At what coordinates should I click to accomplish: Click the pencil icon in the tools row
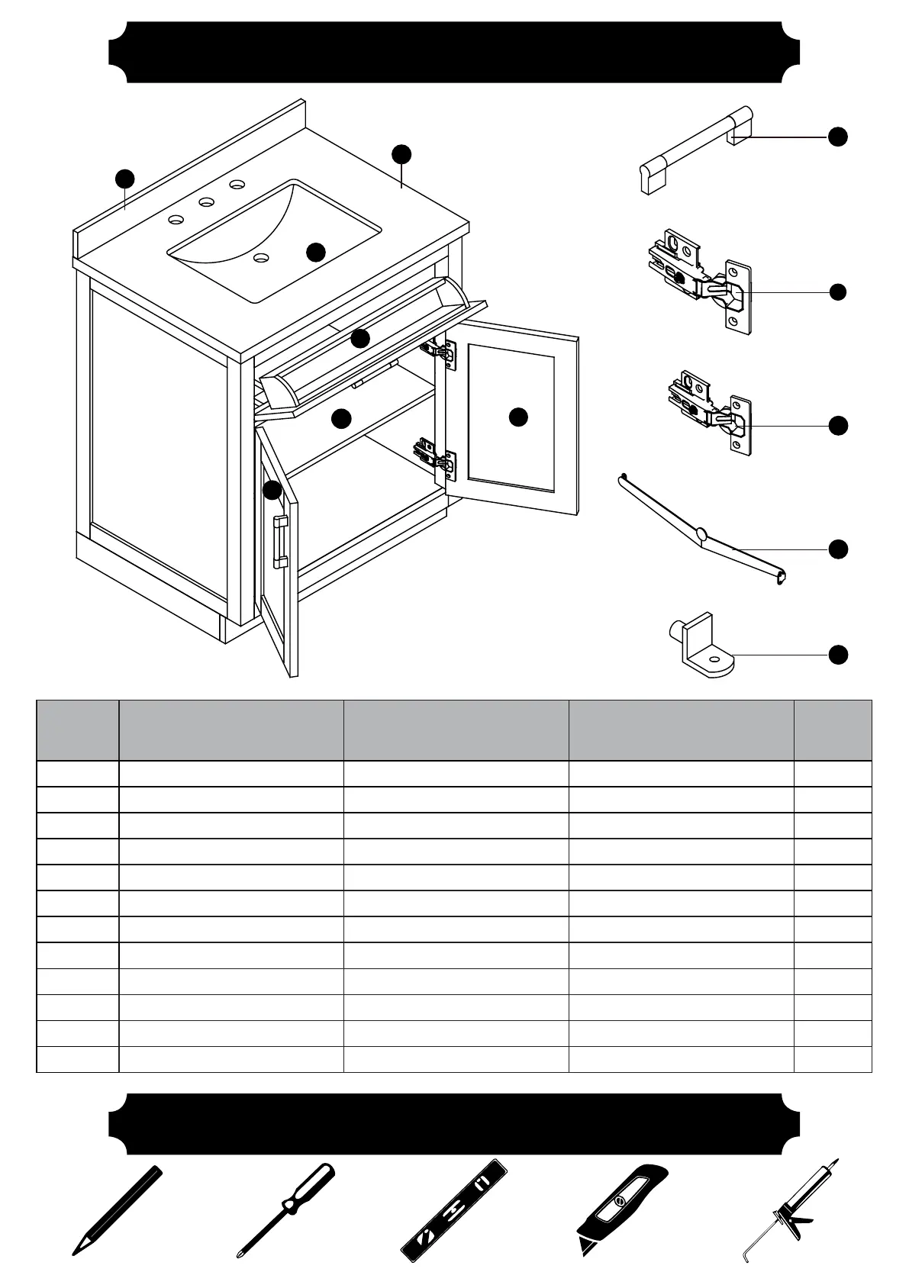pos(118,1210)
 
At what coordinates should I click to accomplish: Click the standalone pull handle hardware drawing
pos(695,151)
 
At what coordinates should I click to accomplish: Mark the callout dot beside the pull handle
pos(838,137)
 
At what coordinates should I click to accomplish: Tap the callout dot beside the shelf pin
pos(838,655)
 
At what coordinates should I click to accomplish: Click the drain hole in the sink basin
pos(263,258)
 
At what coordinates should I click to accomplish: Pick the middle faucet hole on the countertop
pos(205,202)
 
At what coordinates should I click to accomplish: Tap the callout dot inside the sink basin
pos(316,252)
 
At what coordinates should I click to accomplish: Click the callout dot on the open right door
pos(518,417)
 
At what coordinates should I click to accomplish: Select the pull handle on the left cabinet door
pos(280,542)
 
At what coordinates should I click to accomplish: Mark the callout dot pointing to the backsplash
pos(124,179)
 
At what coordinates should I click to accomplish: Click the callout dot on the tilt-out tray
pos(360,337)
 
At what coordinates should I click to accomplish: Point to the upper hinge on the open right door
pos(439,350)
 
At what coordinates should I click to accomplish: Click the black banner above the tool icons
pos(454,1125)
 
